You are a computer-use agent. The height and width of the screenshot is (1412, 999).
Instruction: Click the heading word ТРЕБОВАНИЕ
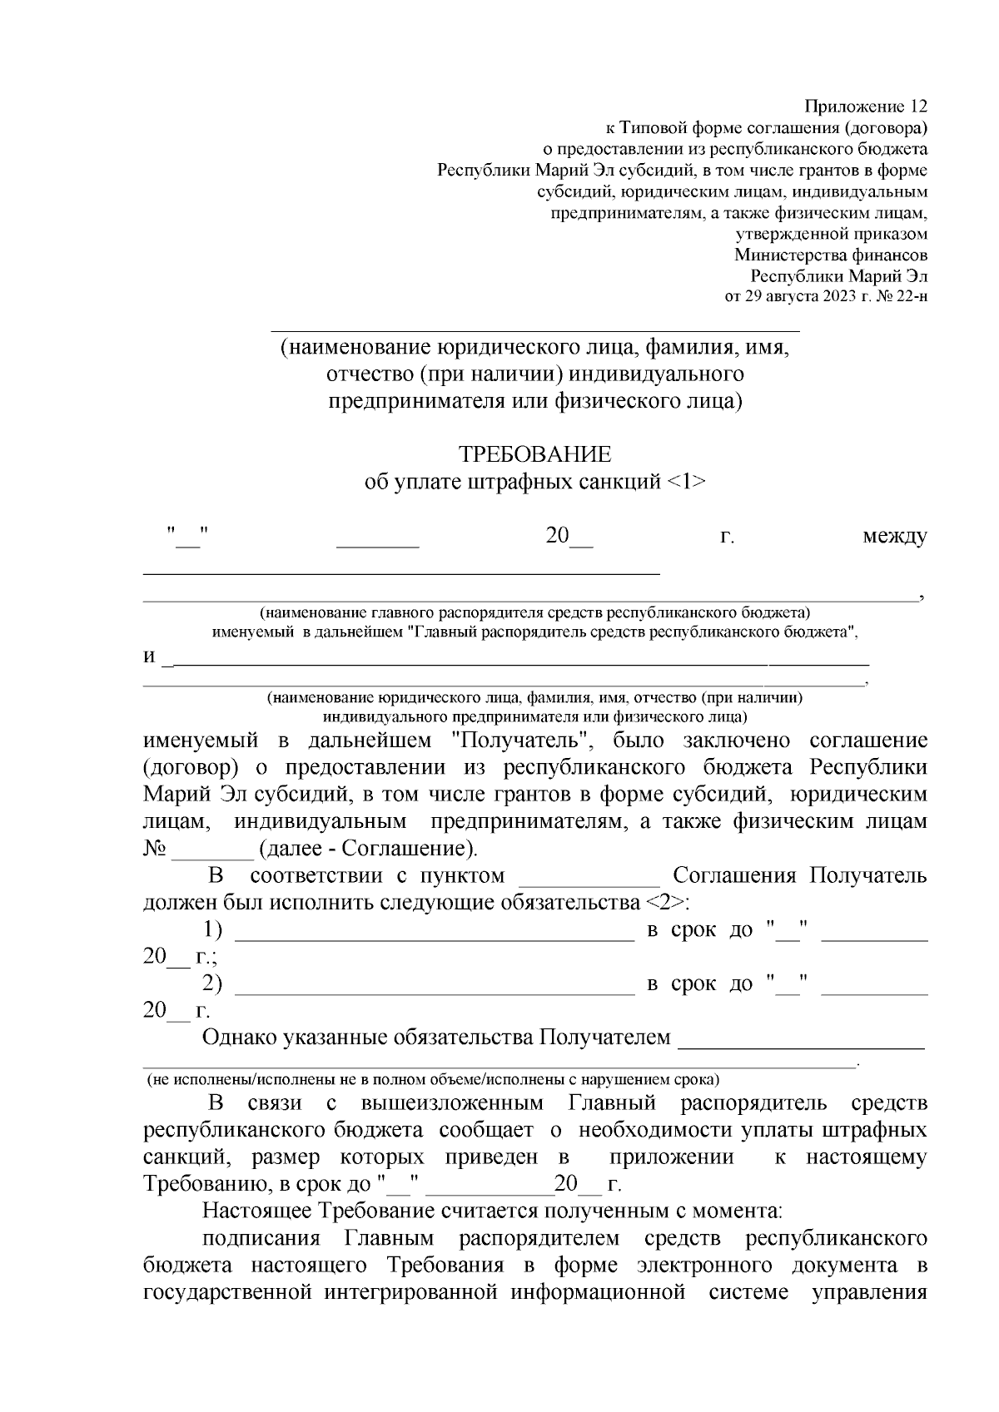pyautogui.click(x=535, y=454)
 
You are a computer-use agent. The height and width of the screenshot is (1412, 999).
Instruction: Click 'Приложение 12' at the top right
pyautogui.click(x=865, y=107)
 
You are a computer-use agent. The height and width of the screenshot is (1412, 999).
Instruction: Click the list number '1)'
pyautogui.click(x=213, y=930)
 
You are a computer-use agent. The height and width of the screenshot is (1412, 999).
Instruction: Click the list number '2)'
pyautogui.click(x=213, y=984)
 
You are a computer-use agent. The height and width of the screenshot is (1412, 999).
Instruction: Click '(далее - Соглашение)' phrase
pyautogui.click(x=369, y=850)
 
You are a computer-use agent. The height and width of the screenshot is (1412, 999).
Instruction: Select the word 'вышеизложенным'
pyautogui.click(x=453, y=1103)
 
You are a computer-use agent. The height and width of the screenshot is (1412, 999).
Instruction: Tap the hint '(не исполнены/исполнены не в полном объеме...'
pyautogui.click(x=433, y=1081)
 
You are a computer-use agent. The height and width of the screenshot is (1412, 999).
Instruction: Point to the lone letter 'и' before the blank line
pyautogui.click(x=149, y=657)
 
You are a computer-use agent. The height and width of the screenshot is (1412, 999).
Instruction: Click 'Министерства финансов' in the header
pyautogui.click(x=830, y=255)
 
